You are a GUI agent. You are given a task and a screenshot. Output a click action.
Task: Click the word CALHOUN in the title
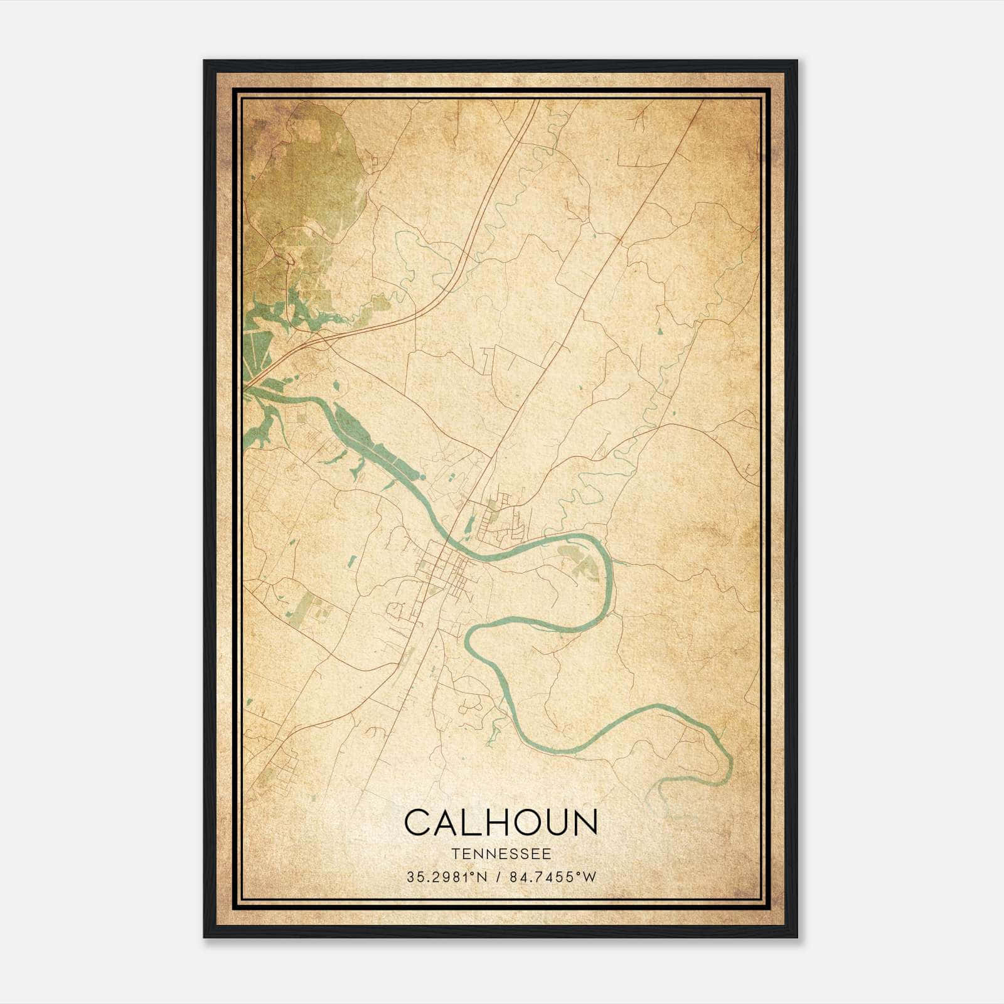(501, 822)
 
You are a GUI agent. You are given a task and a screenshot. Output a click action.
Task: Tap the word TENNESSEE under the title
(501, 854)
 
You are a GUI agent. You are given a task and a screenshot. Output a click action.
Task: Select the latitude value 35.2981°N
(446, 877)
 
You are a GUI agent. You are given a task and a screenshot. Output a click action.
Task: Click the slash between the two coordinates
(499, 877)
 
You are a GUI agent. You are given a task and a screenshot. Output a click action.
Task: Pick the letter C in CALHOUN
(419, 822)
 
